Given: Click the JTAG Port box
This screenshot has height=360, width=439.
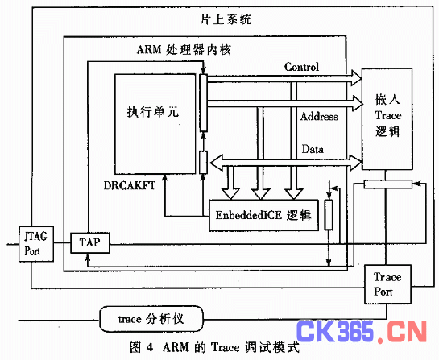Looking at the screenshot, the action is point(36,244).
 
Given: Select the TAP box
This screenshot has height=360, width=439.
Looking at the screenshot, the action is point(89,242).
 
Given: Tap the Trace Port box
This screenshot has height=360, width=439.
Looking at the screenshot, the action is point(387,284).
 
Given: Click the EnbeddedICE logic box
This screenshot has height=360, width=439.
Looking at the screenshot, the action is point(263,215).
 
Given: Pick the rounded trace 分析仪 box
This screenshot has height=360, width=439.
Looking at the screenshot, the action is point(151,319).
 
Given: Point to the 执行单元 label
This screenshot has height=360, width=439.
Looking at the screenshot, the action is point(153,112).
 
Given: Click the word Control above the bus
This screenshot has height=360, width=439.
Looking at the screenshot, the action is point(301,67).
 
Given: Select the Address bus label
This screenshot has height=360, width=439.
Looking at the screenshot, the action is point(319,116).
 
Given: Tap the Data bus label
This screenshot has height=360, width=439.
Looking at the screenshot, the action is point(313,149).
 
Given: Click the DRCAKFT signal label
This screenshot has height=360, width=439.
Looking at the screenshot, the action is point(130,185).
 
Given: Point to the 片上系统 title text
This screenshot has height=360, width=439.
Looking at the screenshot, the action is point(226,19).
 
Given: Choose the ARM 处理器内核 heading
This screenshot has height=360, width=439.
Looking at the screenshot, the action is point(184,50).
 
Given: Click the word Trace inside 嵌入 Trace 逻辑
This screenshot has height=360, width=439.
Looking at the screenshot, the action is point(388,115).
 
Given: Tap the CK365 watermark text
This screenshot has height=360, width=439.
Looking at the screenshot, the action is point(335,332).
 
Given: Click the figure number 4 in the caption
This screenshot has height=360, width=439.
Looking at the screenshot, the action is point(150,347).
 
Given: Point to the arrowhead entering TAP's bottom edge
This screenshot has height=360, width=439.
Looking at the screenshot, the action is point(88,256).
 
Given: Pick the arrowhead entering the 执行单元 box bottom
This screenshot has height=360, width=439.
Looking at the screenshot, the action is point(164,177).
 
